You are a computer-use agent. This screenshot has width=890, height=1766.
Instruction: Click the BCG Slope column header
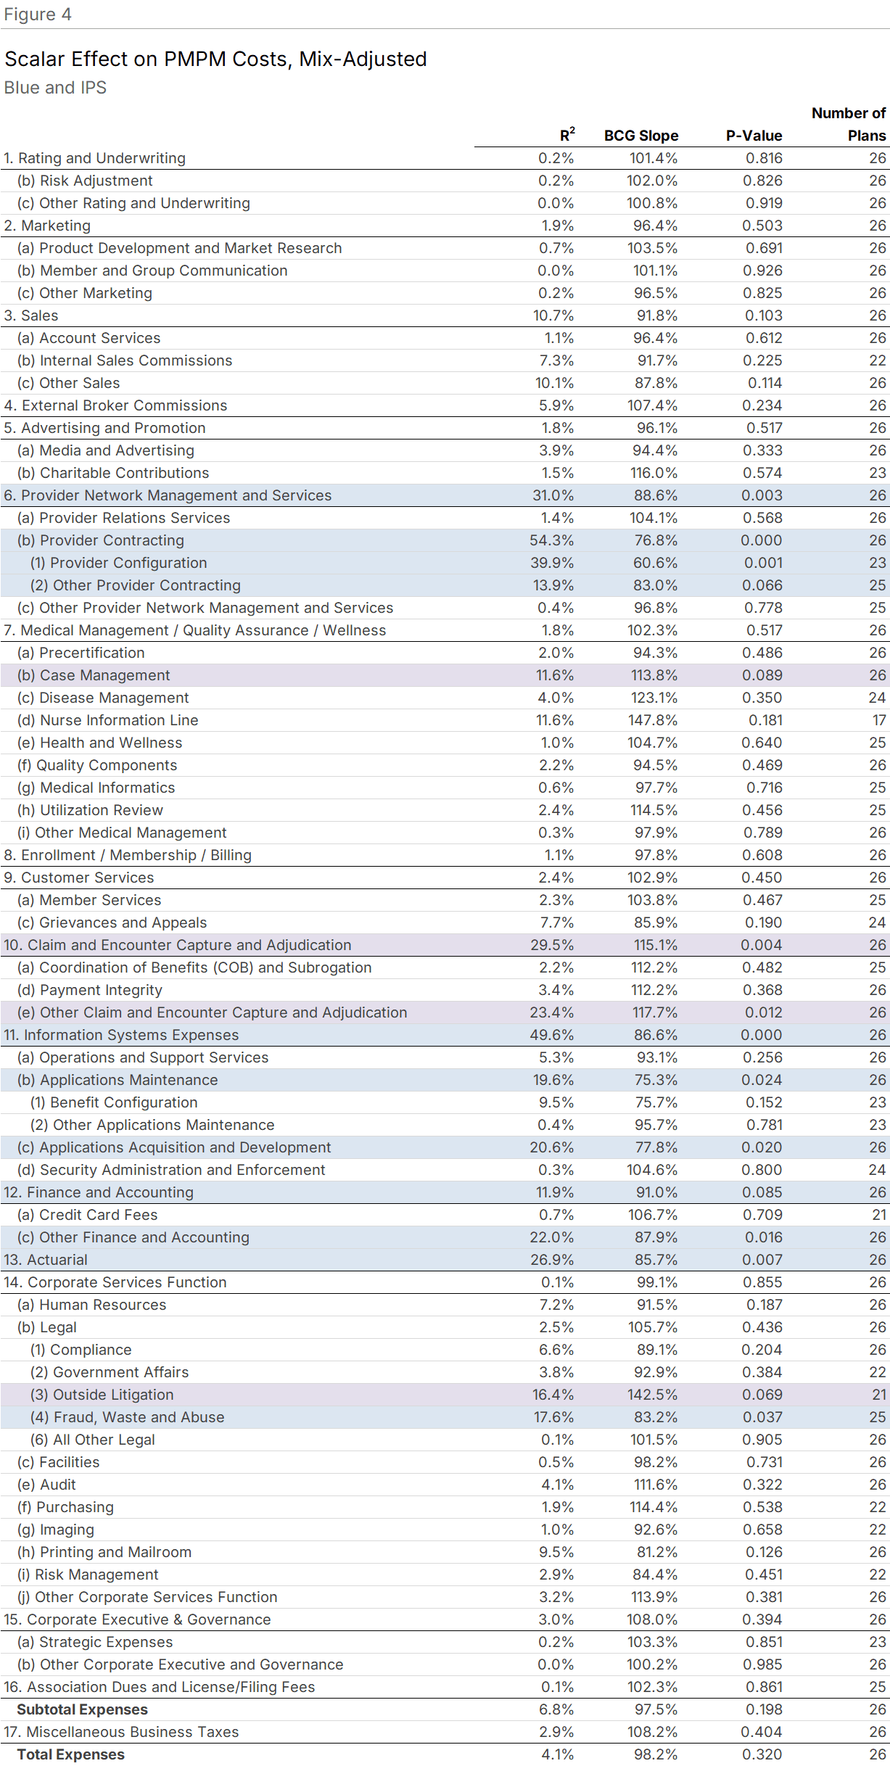(640, 136)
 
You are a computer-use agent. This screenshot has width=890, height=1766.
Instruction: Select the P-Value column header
(754, 136)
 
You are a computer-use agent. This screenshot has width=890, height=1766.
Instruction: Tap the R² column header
(566, 135)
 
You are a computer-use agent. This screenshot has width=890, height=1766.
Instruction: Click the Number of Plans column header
(848, 124)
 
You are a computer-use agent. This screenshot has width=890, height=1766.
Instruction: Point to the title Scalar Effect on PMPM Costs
(215, 59)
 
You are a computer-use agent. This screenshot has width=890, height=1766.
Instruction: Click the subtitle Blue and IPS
(55, 88)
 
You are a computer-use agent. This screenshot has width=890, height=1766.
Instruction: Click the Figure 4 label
(37, 15)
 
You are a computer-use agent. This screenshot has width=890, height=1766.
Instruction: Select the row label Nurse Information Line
(119, 720)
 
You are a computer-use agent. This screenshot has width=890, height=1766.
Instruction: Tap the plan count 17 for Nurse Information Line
(878, 720)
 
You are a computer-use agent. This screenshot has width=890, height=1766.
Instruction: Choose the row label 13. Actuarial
(46, 1260)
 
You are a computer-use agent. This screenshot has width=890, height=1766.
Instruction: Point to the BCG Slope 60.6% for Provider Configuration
(656, 563)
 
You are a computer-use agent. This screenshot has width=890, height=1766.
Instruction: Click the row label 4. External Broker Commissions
(115, 405)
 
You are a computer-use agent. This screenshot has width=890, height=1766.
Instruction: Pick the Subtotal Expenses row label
(82, 1709)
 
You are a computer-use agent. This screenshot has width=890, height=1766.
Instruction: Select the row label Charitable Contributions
(124, 473)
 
